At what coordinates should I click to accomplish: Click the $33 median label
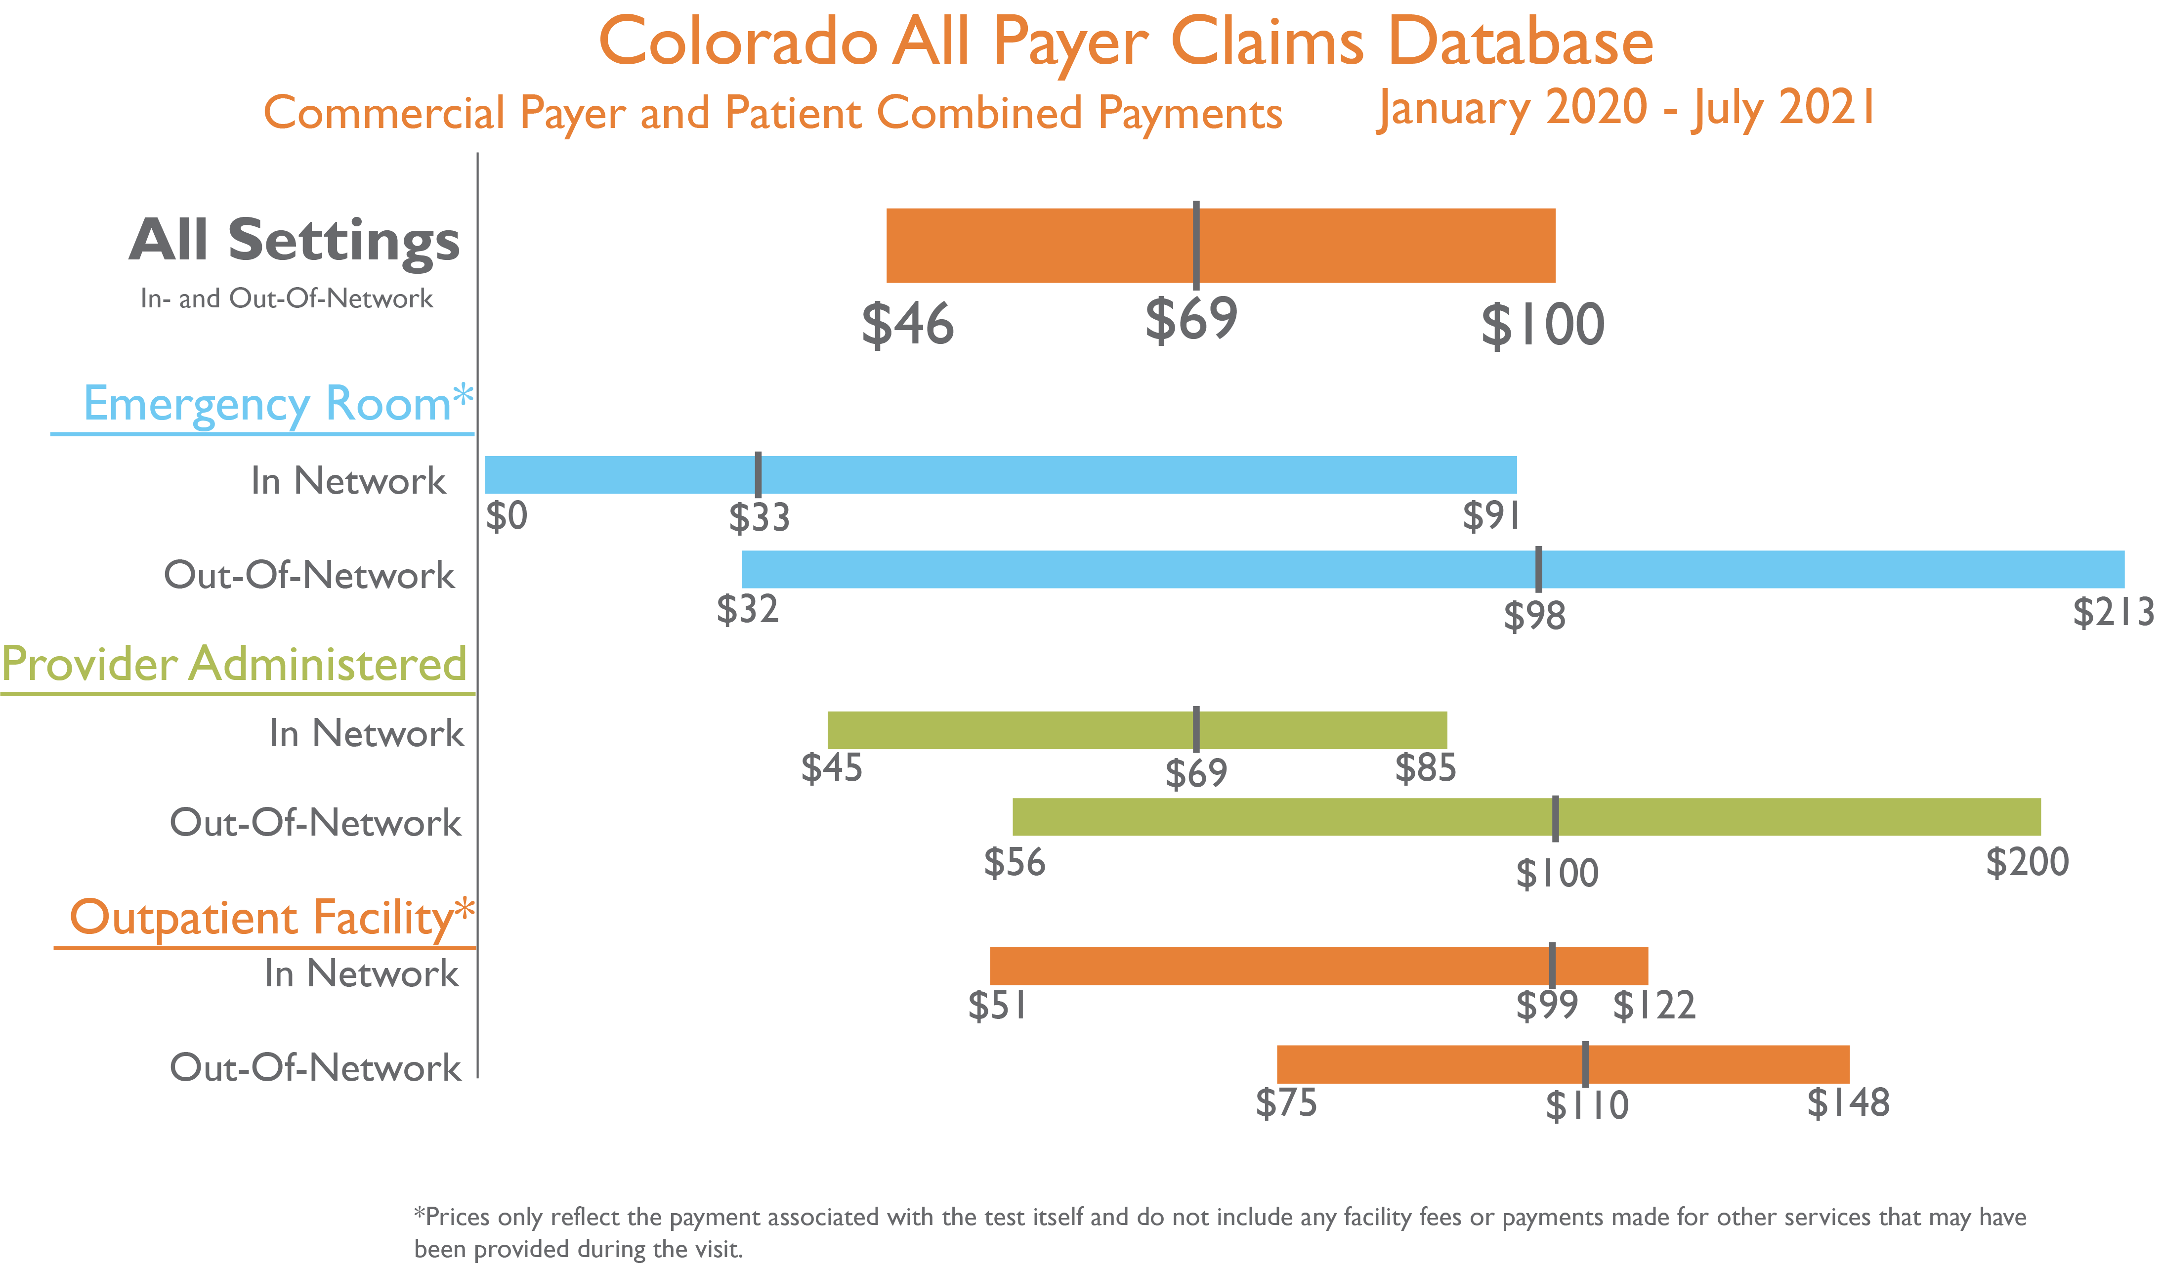click(x=759, y=518)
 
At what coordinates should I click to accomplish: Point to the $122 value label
click(x=1653, y=1005)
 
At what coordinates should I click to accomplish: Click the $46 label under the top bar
click(x=907, y=325)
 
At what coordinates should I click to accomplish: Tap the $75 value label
click(x=1286, y=1103)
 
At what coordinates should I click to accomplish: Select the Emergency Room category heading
click(x=276, y=404)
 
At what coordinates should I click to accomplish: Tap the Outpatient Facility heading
click(x=271, y=918)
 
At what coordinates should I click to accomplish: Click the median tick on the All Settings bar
click(x=1196, y=245)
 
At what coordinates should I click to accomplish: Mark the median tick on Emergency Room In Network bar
click(x=758, y=475)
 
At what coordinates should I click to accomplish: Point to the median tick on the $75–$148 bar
click(x=1585, y=1064)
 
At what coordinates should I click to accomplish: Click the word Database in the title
click(x=1520, y=43)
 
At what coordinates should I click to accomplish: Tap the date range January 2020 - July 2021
click(x=1626, y=109)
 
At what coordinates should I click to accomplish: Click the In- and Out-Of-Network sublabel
click(x=286, y=299)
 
